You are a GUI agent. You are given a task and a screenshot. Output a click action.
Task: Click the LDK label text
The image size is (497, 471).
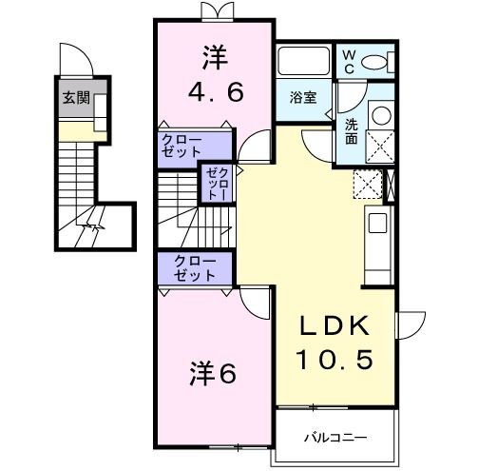tap(333, 325)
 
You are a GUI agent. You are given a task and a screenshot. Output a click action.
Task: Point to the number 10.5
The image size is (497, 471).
tap(333, 361)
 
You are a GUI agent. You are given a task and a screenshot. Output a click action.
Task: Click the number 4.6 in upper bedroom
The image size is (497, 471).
tap(216, 92)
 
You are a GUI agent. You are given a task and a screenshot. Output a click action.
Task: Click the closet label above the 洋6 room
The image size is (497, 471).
tap(194, 268)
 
